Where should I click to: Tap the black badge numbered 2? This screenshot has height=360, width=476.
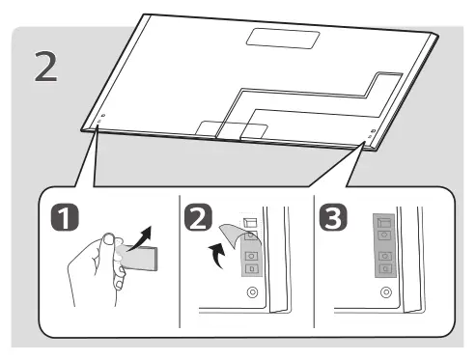pyautogui.click(x=197, y=224)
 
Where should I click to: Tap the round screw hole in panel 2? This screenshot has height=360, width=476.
pyautogui.click(x=252, y=292)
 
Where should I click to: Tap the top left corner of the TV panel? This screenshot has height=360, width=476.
pyautogui.click(x=146, y=14)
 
